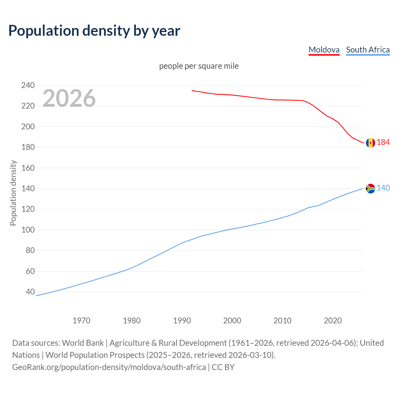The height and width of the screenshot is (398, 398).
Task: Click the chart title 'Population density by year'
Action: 94,31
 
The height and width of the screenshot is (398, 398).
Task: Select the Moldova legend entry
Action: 324,50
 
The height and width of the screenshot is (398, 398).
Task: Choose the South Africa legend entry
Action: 368,50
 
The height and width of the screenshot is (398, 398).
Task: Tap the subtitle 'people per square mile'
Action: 199,66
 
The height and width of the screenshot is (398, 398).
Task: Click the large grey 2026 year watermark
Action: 69,98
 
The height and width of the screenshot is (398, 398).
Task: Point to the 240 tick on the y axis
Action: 28,85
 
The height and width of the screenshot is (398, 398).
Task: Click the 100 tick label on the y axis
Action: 28,230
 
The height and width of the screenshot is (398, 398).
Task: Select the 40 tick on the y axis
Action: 30,292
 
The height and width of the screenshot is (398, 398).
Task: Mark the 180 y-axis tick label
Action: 28,147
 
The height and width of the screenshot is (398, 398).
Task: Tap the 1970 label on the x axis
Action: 81,321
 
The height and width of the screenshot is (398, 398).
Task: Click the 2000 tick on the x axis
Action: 232,321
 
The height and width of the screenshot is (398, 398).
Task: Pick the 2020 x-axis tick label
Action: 333,321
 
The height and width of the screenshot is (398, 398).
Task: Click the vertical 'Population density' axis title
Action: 13,193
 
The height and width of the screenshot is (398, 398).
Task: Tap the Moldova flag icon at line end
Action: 370,143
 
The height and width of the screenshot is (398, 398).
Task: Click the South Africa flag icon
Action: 370,188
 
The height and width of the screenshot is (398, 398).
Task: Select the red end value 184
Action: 383,142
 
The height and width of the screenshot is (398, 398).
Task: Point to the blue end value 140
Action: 383,188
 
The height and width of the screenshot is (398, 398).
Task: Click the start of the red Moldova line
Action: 192,90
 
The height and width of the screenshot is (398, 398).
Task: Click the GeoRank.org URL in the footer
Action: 109,367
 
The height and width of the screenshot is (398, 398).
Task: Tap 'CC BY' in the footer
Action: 223,367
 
